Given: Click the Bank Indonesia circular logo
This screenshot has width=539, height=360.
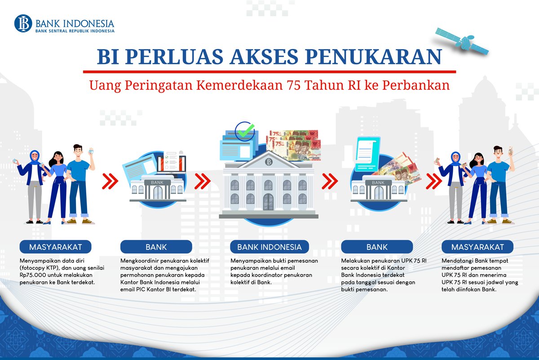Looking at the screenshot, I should pyautogui.click(x=23, y=23).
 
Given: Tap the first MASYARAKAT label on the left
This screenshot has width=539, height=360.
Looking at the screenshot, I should pyautogui.click(x=55, y=247).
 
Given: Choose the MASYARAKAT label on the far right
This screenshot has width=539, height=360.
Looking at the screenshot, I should pyautogui.click(x=477, y=247).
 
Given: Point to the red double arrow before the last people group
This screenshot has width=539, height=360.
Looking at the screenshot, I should pyautogui.click(x=434, y=182).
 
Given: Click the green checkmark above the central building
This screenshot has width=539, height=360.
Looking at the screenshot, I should pyautogui.click(x=245, y=132).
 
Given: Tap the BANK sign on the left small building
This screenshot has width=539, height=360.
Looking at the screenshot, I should pyautogui.click(x=157, y=183).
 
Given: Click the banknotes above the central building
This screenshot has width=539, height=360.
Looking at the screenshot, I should pyautogui.click(x=295, y=144).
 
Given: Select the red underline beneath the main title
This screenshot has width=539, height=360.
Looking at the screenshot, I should pyautogui.click(x=269, y=72).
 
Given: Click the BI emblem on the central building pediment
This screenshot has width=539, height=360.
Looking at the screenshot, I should pyautogui.click(x=269, y=162).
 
